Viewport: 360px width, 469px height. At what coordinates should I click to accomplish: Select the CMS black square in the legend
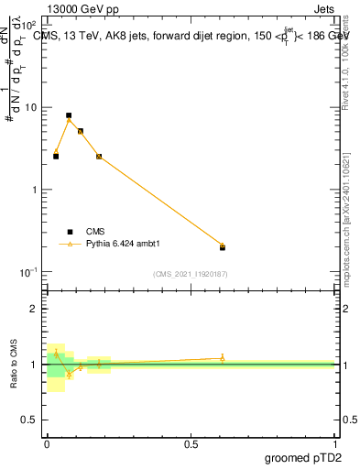pyautogui.click(x=70, y=232)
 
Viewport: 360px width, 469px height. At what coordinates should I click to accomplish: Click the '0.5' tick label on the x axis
pyautogui.click(x=191, y=443)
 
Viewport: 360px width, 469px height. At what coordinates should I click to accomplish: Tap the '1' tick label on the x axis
pyautogui.click(x=333, y=443)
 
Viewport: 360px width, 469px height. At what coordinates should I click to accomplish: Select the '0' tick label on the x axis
pyautogui.click(x=47, y=443)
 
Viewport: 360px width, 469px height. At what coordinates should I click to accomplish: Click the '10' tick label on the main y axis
pyautogui.click(x=30, y=107)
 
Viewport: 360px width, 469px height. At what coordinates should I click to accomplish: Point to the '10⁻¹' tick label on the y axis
pyautogui.click(x=28, y=272)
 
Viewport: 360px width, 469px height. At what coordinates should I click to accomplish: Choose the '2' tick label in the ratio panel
pyautogui.click(x=34, y=309)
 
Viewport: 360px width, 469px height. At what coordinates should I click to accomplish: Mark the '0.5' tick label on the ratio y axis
pyautogui.click(x=28, y=420)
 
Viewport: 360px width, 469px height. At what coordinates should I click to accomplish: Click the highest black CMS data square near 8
pyautogui.click(x=69, y=115)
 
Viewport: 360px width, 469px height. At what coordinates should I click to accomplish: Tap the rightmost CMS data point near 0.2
pyautogui.click(x=222, y=247)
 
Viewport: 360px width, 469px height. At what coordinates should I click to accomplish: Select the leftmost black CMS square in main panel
pyautogui.click(x=56, y=157)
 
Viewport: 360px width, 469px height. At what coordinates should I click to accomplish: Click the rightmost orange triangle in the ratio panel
pyautogui.click(x=222, y=358)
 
